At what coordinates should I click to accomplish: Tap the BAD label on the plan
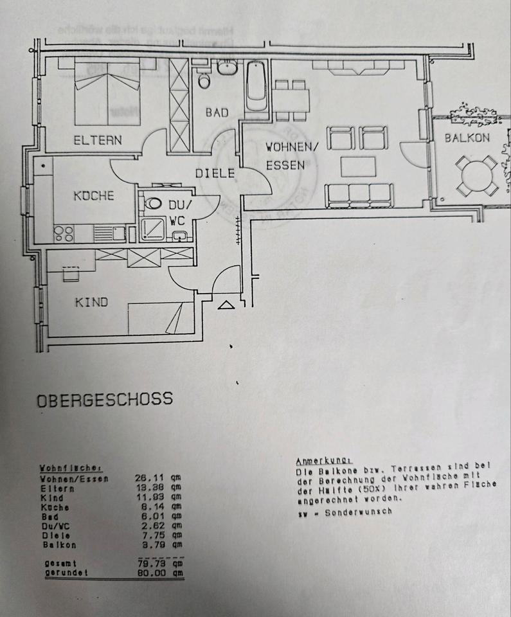217,112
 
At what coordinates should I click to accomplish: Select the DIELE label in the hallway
215,173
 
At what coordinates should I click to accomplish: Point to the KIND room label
91,301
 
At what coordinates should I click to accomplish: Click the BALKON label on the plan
467,137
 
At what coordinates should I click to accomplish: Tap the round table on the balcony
476,175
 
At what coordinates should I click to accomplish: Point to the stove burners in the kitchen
64,233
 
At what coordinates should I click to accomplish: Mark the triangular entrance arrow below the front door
226,305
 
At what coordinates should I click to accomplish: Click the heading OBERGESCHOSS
105,398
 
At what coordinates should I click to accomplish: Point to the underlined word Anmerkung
323,461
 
